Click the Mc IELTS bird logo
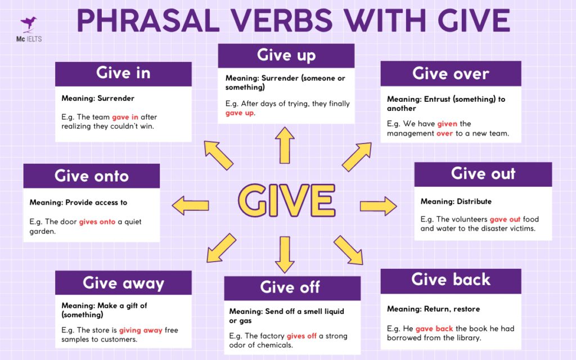tap(28, 24)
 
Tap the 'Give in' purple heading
tap(123, 74)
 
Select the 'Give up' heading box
tap(286, 55)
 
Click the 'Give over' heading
tap(451, 74)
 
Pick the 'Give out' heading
tap(483, 174)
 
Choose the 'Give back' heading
tap(451, 280)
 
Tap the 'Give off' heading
tap(290, 287)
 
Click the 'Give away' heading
tap(123, 282)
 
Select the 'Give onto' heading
tap(92, 176)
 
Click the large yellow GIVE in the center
tap(287, 200)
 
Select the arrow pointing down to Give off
tap(285, 254)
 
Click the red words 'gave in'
tap(125, 117)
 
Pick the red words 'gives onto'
tap(97, 222)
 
